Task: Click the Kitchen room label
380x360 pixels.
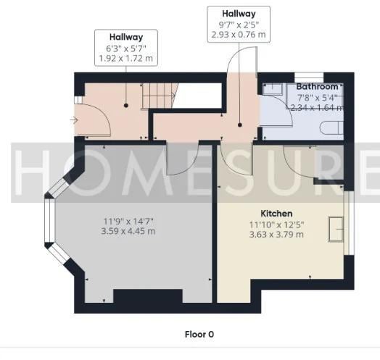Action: coord(276,214)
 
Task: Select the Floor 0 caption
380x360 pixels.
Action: coord(199,335)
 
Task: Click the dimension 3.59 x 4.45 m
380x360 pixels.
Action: coord(128,231)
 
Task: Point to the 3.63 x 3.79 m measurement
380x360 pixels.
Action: coord(276,235)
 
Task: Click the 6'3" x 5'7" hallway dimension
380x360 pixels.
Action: coord(126,49)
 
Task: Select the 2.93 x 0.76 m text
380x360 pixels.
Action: coord(239,35)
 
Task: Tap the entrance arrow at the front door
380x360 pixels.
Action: coord(73,120)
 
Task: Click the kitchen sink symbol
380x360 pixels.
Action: coord(336,229)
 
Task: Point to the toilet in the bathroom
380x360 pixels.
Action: coord(331,127)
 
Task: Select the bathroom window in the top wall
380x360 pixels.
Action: coord(309,78)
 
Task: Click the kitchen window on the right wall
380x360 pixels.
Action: coord(349,223)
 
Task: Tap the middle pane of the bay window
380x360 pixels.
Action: coord(50,220)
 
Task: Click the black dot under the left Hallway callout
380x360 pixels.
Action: coord(126,105)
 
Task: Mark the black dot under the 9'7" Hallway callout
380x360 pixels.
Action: coord(240,125)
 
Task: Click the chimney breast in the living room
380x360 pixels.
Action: coord(148,296)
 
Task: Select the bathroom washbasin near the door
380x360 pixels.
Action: coord(273,89)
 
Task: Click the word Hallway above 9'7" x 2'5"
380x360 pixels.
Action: coord(239,14)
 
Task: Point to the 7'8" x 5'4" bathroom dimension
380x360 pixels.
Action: coord(317,98)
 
